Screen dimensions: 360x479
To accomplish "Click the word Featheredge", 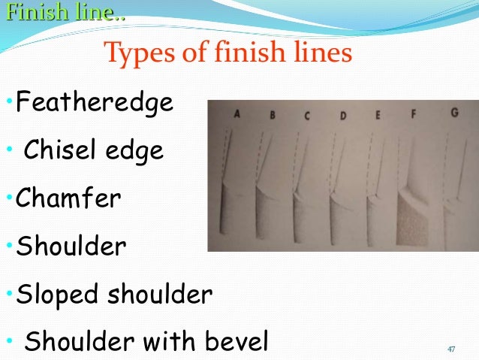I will (94, 101).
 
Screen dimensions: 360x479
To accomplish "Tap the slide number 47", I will (451, 349).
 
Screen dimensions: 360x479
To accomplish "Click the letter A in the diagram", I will (236, 114).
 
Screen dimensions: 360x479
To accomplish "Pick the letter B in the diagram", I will (272, 115).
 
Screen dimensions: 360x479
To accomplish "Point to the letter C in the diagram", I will (307, 116).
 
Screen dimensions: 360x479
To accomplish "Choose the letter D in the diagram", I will (342, 116).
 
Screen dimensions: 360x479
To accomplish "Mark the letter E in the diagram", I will (378, 115).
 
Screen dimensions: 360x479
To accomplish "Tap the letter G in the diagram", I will (453, 113).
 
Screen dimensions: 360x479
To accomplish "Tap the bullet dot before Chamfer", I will (8, 200).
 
